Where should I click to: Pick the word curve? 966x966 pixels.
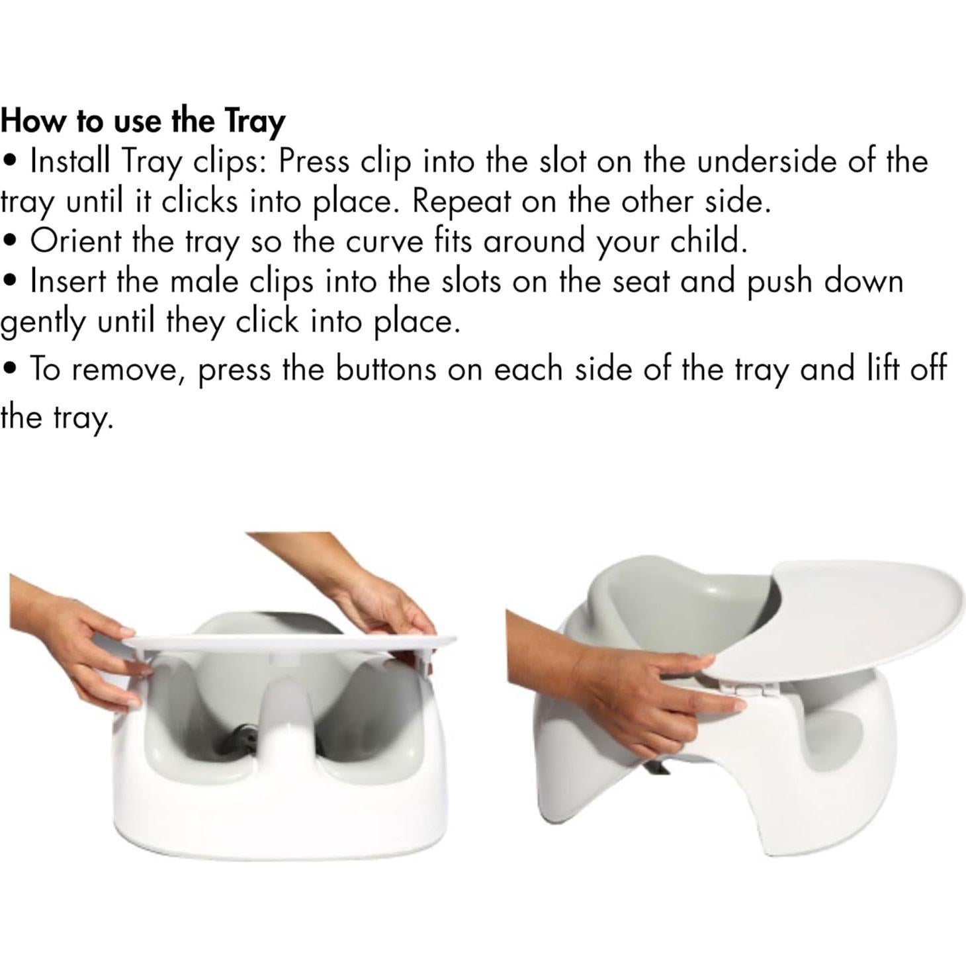384,241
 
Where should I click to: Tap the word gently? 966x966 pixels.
42,323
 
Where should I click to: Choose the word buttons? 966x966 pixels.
386,369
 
